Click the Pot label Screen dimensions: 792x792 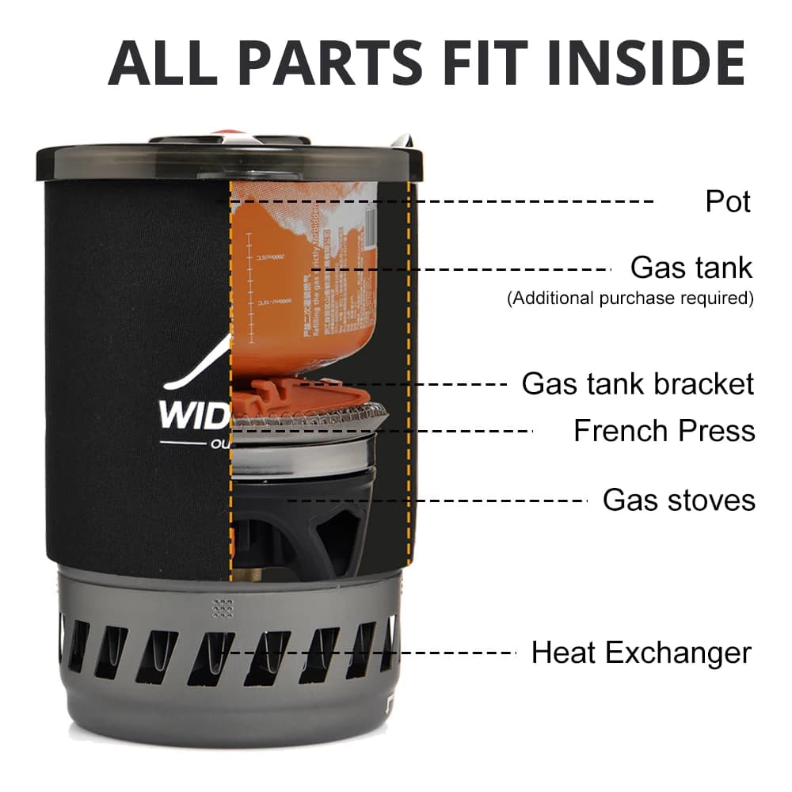click(728, 201)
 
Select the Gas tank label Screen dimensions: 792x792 click(691, 268)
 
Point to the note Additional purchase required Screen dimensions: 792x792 click(630, 299)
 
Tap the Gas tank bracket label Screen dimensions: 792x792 click(638, 384)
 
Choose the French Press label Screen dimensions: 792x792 click(664, 431)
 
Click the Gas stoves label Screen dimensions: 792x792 click(679, 500)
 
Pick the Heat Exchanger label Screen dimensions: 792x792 click(641, 653)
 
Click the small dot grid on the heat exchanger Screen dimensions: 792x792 click(223, 607)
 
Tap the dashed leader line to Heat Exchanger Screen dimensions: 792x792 click(372, 653)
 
